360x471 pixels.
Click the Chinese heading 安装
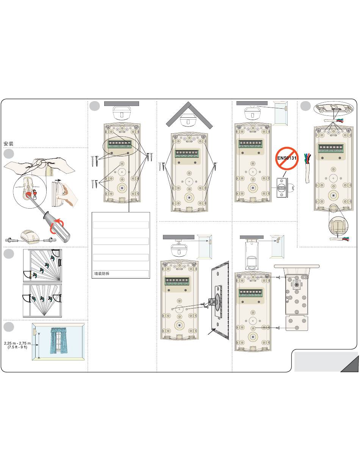(9, 143)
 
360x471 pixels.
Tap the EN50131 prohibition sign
(286, 158)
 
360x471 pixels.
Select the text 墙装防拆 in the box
(102, 274)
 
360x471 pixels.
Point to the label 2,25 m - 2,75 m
(17, 343)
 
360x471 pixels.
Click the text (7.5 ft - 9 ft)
(17, 347)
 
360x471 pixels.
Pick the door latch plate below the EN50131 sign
(282, 188)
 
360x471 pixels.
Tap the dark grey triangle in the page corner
(350, 364)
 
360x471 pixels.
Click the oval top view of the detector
(333, 109)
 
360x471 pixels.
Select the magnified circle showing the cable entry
(337, 226)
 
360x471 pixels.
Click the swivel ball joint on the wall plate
(213, 303)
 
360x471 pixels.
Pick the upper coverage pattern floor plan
(42, 266)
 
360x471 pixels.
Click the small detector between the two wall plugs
(30, 236)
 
